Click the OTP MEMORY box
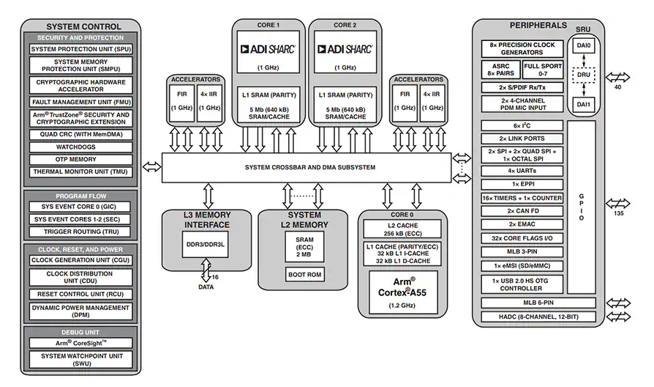[x=81, y=160]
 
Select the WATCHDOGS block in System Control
[x=81, y=147]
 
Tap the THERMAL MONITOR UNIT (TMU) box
[x=81, y=172]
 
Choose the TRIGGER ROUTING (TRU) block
[x=80, y=232]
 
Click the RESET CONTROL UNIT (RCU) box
[x=81, y=294]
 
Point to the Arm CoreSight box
[x=81, y=343]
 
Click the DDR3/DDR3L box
[x=206, y=244]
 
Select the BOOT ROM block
[x=304, y=275]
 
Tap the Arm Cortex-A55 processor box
[x=403, y=292]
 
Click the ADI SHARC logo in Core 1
[x=268, y=49]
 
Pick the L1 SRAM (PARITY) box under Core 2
[x=345, y=105]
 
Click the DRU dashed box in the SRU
[x=584, y=75]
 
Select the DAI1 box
[x=584, y=104]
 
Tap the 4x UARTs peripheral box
[x=522, y=171]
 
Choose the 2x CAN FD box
[x=522, y=211]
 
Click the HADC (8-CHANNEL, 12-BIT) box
[x=538, y=317]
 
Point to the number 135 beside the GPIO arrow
[x=619, y=213]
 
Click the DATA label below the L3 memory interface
[x=206, y=287]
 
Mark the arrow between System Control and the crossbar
[x=152, y=167]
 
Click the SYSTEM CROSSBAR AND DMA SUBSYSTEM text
[x=310, y=167]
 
